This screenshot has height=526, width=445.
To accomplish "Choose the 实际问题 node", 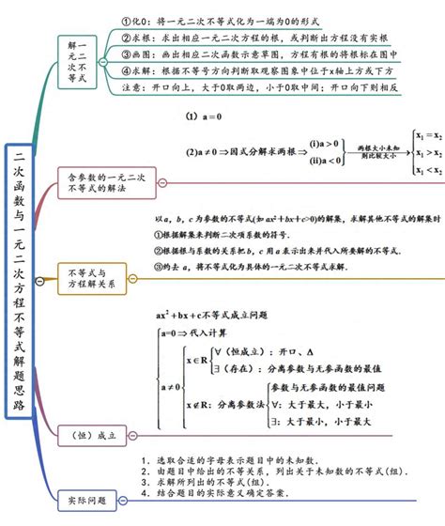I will (x=88, y=499).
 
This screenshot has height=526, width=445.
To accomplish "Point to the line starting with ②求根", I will (x=272, y=38).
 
